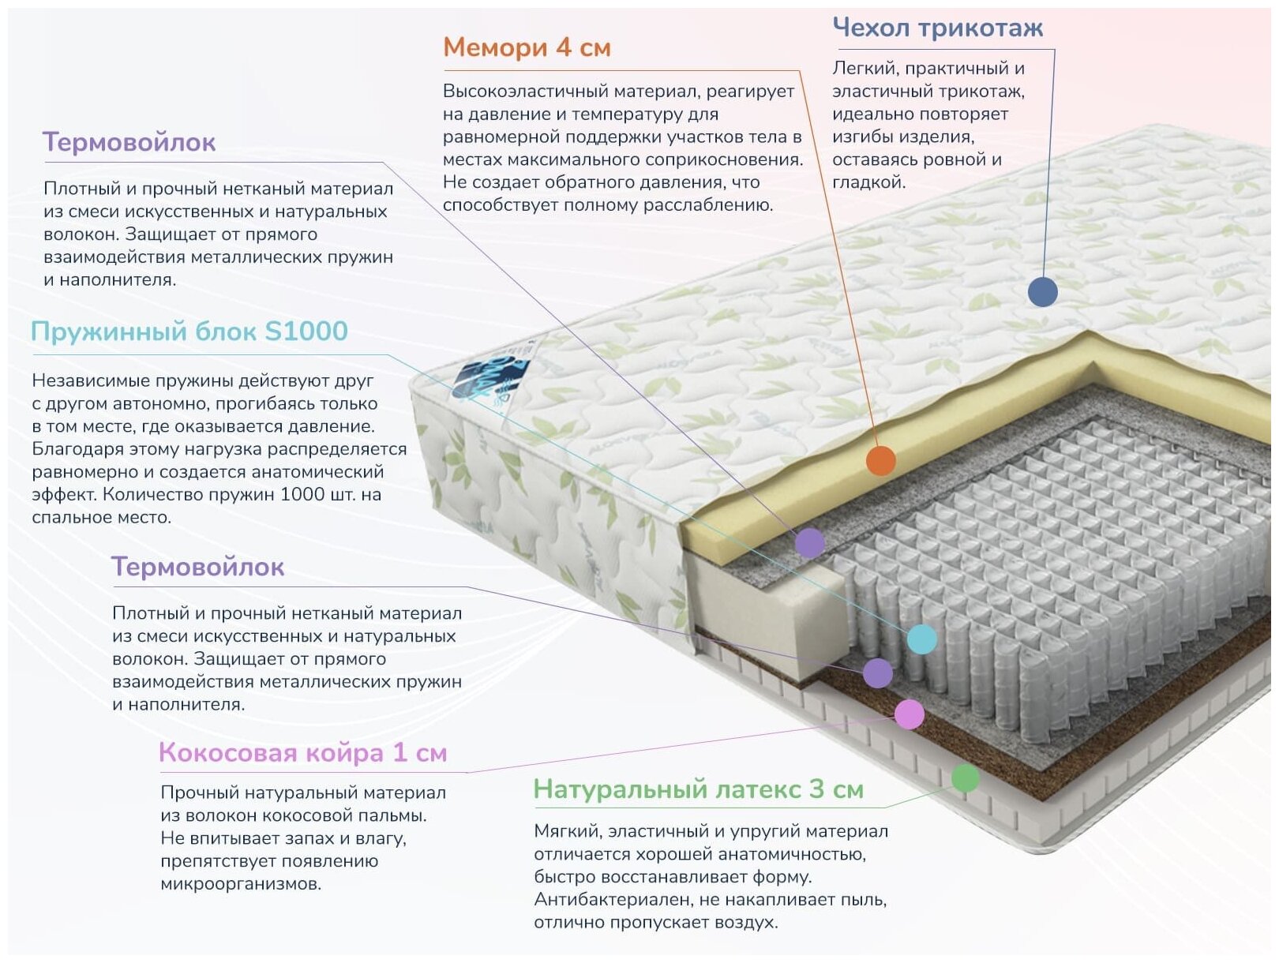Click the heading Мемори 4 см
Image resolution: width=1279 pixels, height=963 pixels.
(x=527, y=47)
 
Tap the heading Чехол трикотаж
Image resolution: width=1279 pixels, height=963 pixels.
(x=937, y=28)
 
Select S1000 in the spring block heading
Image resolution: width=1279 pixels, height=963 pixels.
(x=306, y=331)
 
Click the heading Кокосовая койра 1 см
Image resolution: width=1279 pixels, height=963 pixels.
(x=302, y=752)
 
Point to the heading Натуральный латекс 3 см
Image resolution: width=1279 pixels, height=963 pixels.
(x=698, y=789)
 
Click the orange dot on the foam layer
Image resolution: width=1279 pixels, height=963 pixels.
(x=880, y=460)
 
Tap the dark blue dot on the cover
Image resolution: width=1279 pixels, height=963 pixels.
(x=1042, y=292)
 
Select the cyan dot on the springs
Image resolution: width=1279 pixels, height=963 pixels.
(x=921, y=639)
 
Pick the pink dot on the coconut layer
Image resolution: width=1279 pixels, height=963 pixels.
(x=910, y=714)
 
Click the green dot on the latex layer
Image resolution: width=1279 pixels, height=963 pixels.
(x=965, y=778)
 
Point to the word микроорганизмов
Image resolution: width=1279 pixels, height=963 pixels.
(x=241, y=884)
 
